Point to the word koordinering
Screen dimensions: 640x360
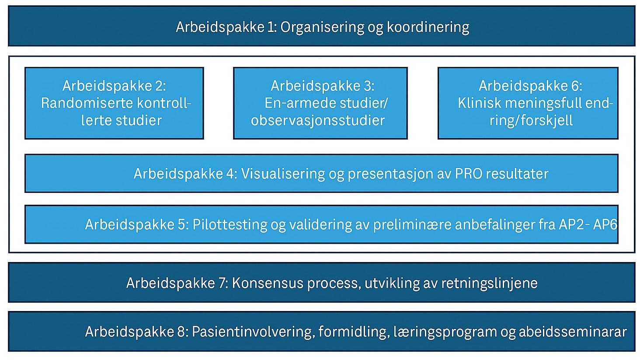(428, 27)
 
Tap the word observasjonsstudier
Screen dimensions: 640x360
(318, 120)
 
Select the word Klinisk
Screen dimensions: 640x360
(480, 103)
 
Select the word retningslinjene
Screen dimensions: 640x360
(489, 283)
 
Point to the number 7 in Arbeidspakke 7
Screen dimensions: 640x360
(222, 283)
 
